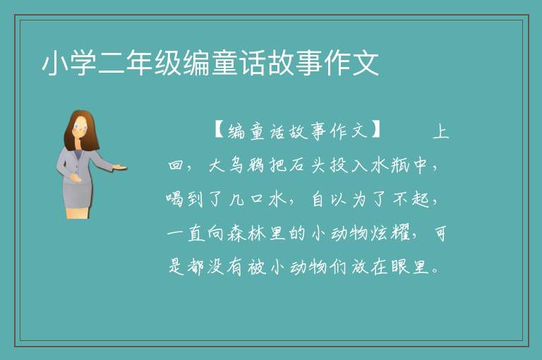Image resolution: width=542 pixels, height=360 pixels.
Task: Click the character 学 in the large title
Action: click(84, 64)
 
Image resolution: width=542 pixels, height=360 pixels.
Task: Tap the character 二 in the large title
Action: click(112, 64)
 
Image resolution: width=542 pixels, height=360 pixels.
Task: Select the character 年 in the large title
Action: click(140, 64)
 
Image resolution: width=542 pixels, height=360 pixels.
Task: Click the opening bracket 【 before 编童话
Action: click(219, 131)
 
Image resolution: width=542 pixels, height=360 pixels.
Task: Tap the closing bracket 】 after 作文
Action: click(375, 130)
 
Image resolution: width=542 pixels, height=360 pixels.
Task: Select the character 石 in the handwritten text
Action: click(297, 165)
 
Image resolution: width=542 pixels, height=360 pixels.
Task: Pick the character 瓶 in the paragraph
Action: click(400, 165)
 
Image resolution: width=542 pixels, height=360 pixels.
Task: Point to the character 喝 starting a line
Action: click(174, 199)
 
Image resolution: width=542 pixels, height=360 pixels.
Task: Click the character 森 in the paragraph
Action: click(237, 233)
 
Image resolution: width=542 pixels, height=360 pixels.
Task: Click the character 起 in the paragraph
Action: click(421, 199)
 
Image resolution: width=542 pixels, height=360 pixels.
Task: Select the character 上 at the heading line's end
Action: click(440, 131)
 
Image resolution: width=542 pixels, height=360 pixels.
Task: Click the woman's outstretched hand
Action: click(119, 167)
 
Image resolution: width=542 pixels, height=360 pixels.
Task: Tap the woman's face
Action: click(80, 126)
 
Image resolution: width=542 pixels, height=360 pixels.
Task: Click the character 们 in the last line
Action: click(339, 267)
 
